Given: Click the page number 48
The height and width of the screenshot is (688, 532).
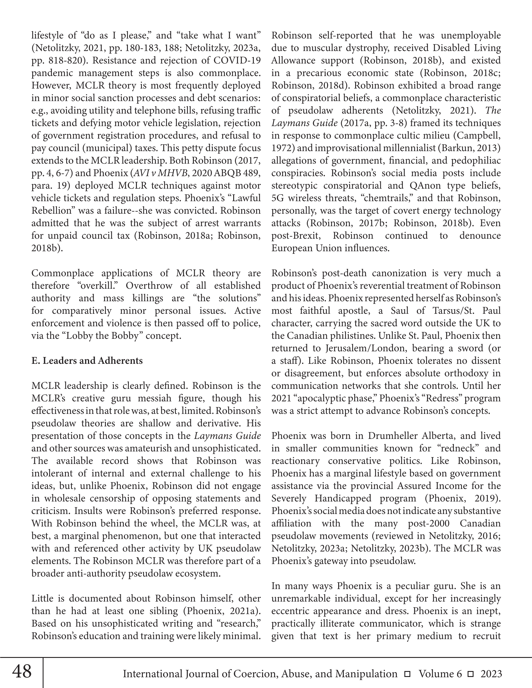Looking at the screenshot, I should point(22,671).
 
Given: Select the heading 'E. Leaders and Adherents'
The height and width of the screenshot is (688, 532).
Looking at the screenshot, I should point(87,361).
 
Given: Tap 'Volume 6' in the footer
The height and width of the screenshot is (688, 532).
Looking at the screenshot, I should point(440,674).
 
